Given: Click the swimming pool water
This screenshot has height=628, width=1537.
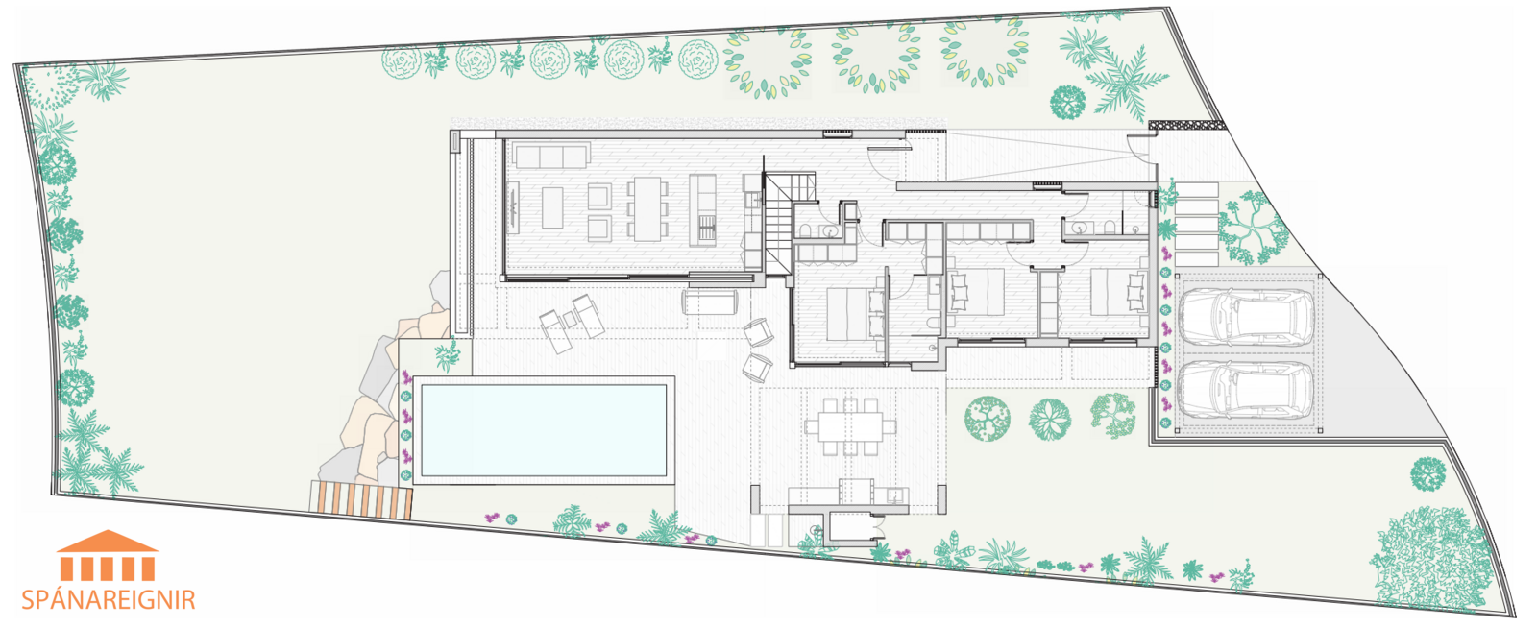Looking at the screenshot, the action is point(544,430).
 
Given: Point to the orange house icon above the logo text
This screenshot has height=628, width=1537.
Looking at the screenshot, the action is point(108,555).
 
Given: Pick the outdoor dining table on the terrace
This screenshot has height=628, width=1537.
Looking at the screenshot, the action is point(851,426).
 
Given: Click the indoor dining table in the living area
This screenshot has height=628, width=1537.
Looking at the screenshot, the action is point(647,209).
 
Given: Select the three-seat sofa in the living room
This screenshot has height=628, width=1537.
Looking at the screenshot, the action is point(551,156).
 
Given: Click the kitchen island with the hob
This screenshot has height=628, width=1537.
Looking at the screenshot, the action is point(702,209).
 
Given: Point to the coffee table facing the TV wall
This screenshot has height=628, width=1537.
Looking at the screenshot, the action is point(552,207).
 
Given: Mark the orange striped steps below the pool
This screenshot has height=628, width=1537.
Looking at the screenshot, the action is point(362,499).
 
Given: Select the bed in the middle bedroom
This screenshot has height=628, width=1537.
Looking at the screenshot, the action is point(975,292).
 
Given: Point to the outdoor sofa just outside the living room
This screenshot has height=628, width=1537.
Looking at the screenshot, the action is point(710,302).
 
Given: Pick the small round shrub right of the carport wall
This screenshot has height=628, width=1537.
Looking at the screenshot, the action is point(1428,473).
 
